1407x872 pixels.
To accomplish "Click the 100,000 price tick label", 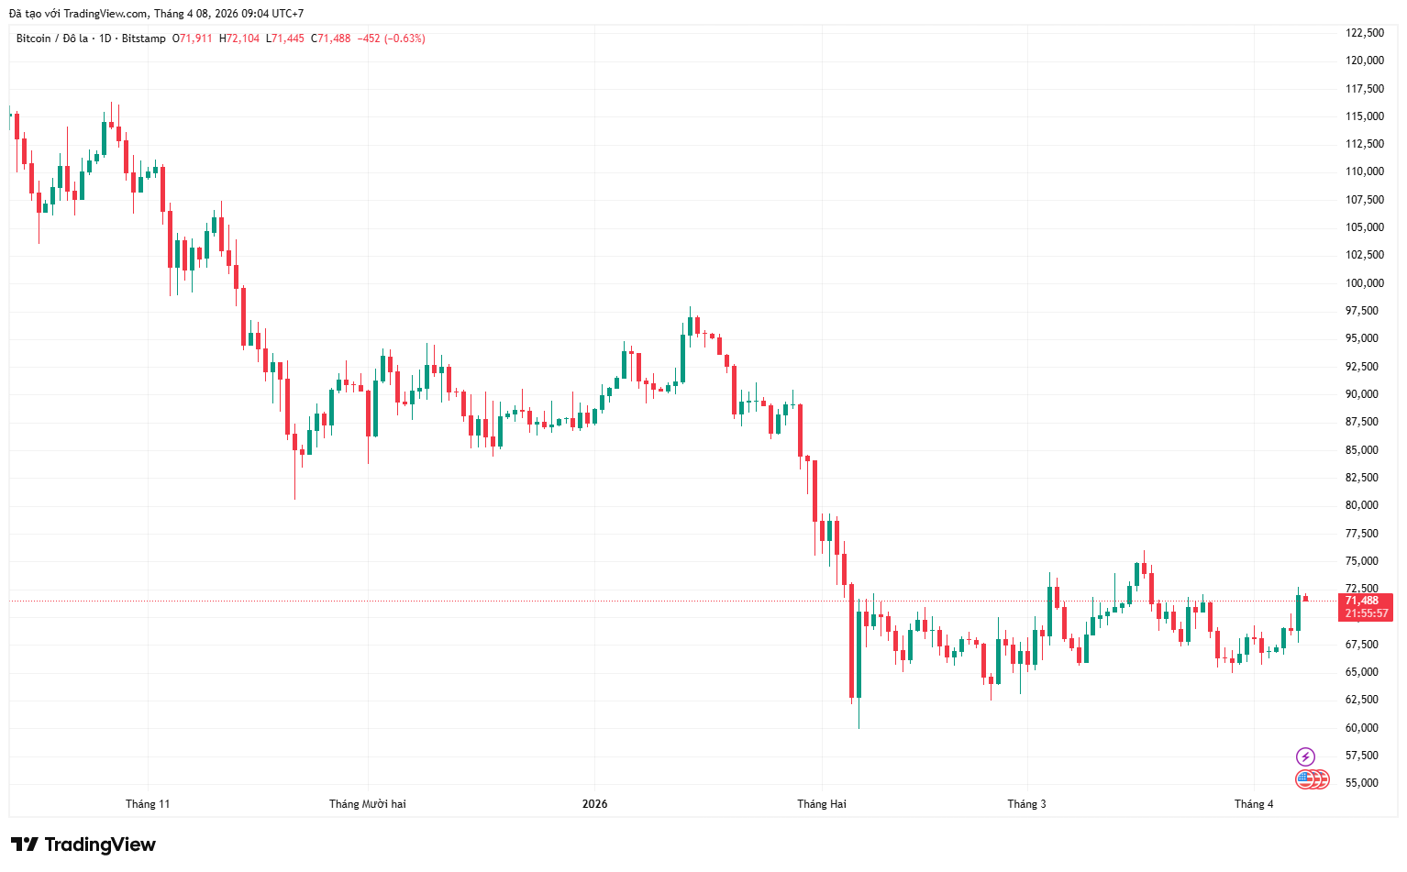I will (x=1364, y=283).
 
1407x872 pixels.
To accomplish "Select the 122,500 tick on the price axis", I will (x=1364, y=33).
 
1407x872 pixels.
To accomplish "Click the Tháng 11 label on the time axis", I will (x=148, y=804).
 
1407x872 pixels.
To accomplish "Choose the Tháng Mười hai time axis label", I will (x=367, y=804).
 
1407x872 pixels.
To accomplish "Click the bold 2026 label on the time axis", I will (x=594, y=804).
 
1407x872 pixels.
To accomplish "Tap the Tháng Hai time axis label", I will (x=821, y=804).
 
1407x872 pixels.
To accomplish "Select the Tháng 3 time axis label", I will (x=1026, y=804).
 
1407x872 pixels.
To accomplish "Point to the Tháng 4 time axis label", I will (x=1254, y=804).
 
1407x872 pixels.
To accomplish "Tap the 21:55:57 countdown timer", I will (x=1366, y=613).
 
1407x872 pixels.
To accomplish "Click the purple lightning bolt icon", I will (x=1305, y=756).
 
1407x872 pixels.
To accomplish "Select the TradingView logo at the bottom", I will (x=83, y=844).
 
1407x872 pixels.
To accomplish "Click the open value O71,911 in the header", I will (x=193, y=39).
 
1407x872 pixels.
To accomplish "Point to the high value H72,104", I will (x=238, y=39).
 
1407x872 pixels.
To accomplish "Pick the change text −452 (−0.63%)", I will (x=391, y=39).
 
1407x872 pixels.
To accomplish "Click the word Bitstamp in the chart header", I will (x=144, y=39).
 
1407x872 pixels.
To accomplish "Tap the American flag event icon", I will (x=1306, y=779).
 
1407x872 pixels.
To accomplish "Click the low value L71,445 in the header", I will (x=284, y=39).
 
